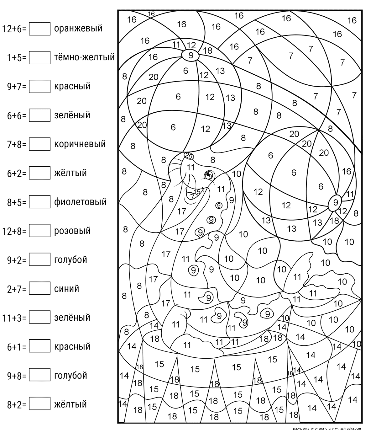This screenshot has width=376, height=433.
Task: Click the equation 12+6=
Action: pos(15,29)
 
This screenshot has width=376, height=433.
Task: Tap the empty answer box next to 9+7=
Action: pos(39,86)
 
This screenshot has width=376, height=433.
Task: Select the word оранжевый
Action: pos(78,28)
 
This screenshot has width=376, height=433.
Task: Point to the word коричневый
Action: pos(80,144)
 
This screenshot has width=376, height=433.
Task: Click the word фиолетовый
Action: pos(80,202)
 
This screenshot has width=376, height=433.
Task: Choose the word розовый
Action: pos(72,231)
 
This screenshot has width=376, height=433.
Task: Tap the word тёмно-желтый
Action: pos(84,57)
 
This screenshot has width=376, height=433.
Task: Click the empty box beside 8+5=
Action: pos(39,202)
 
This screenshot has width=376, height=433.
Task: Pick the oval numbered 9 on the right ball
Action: pos(335,202)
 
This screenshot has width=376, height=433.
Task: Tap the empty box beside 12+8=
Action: pos(39,231)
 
